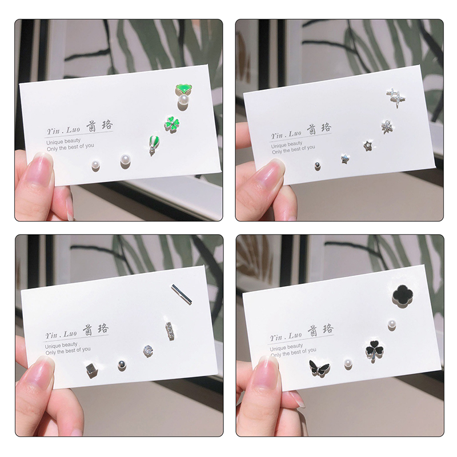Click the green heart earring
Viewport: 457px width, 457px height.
point(183,89)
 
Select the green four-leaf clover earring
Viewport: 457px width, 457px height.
point(171,125)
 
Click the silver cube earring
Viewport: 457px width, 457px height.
point(92,370)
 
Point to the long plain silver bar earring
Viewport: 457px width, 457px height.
point(182,294)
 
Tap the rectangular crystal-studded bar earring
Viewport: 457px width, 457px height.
point(170,331)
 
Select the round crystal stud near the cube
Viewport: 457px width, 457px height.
point(148,350)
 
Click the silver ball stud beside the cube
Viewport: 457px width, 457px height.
point(122,364)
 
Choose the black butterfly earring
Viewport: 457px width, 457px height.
point(319,367)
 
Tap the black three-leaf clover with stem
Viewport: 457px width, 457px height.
point(374,350)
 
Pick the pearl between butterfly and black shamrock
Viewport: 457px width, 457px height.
point(348,364)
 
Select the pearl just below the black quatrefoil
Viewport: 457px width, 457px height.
point(392,324)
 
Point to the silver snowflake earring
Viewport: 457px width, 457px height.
point(387,127)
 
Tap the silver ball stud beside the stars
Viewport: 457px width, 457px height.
point(317,166)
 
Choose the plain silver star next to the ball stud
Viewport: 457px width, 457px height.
point(346,159)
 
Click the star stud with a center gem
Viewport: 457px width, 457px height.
point(368,146)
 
